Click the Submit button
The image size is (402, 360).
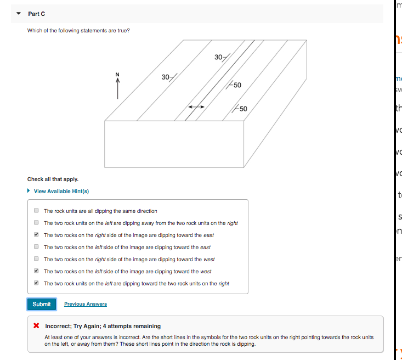[41, 304]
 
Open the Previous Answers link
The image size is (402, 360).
[85, 304]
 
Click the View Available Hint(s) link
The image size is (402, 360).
[61, 191]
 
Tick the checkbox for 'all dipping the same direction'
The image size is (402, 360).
[36, 211]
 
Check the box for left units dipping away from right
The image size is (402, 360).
[36, 223]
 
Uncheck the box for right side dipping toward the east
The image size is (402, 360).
[36, 235]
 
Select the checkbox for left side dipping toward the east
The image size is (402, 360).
[36, 247]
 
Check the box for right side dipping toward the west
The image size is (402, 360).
[36, 259]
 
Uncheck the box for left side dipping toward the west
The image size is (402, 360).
[36, 271]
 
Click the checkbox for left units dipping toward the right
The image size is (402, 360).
[36, 283]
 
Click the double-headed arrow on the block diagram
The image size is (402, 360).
[196, 106]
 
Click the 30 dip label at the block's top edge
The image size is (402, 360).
[219, 57]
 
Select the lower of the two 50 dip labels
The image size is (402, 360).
[242, 108]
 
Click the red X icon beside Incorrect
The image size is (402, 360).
[36, 325]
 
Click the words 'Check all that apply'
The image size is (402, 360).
[53, 179]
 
